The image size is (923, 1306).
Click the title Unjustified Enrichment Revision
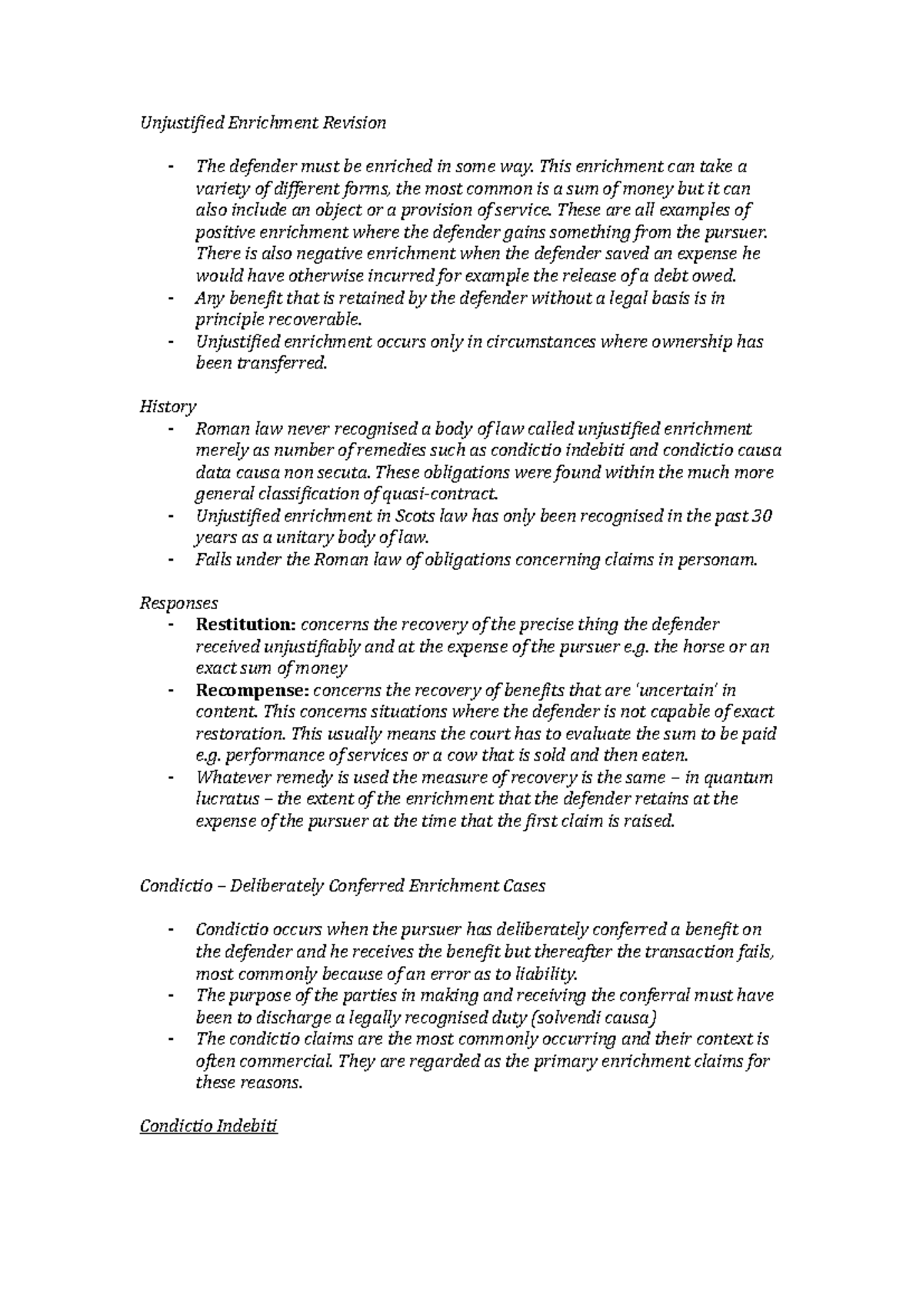point(262,122)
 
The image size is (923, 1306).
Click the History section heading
point(168,406)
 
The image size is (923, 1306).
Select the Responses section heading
point(178,603)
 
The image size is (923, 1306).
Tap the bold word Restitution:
point(245,625)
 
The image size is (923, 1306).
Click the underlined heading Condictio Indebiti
point(208,1127)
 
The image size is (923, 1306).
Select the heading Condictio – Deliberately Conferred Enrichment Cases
point(342,886)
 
